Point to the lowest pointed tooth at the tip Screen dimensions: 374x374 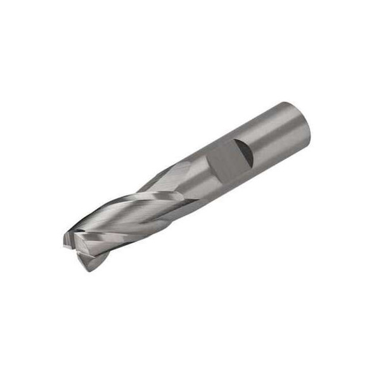point(89,268)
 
